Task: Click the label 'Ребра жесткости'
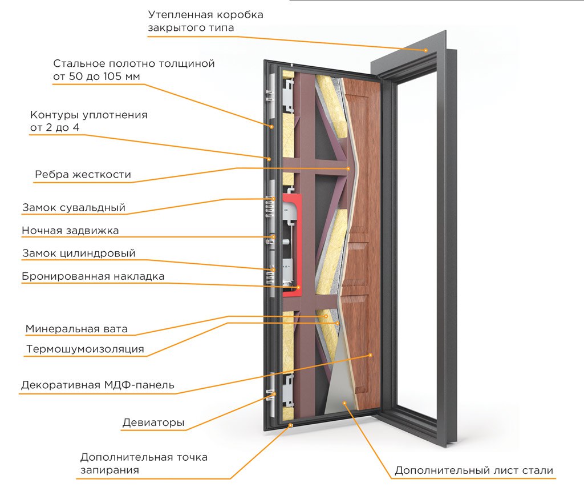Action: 83,175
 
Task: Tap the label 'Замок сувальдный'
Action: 74,208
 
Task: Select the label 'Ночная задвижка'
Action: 70,231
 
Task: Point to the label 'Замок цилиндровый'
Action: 79,253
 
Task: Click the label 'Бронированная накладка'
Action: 93,276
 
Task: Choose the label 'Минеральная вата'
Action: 76,329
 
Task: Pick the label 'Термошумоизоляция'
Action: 85,349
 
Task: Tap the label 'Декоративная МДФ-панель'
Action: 98,385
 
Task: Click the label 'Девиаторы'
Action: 153,422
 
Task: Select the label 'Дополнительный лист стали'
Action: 474,470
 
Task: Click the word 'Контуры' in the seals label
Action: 55,115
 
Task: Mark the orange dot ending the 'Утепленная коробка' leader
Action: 425,50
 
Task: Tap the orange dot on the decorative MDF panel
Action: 370,355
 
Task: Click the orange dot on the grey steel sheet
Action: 345,403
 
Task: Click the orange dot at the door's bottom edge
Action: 291,425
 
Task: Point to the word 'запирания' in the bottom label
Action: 109,470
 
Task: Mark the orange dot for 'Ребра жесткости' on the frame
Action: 348,168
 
